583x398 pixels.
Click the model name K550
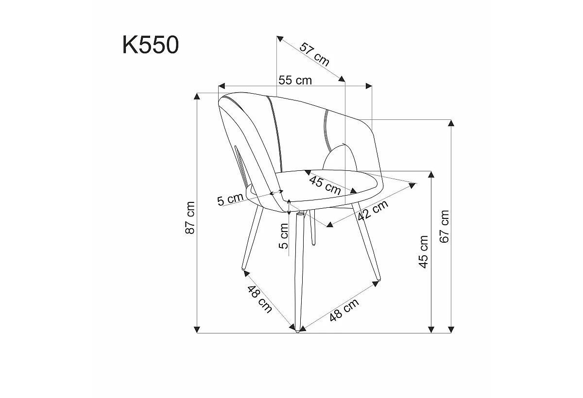click(x=151, y=45)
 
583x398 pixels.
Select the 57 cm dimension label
click(x=314, y=54)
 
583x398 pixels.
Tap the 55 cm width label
click(x=295, y=80)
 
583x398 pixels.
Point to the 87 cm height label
click(x=190, y=217)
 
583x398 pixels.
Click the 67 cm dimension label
click(x=445, y=227)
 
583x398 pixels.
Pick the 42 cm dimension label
click(x=373, y=210)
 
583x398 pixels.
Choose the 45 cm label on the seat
click(x=325, y=185)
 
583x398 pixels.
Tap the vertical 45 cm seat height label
click(x=424, y=251)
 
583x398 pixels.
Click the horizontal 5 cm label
click(x=230, y=199)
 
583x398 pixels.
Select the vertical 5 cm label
click(x=284, y=236)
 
